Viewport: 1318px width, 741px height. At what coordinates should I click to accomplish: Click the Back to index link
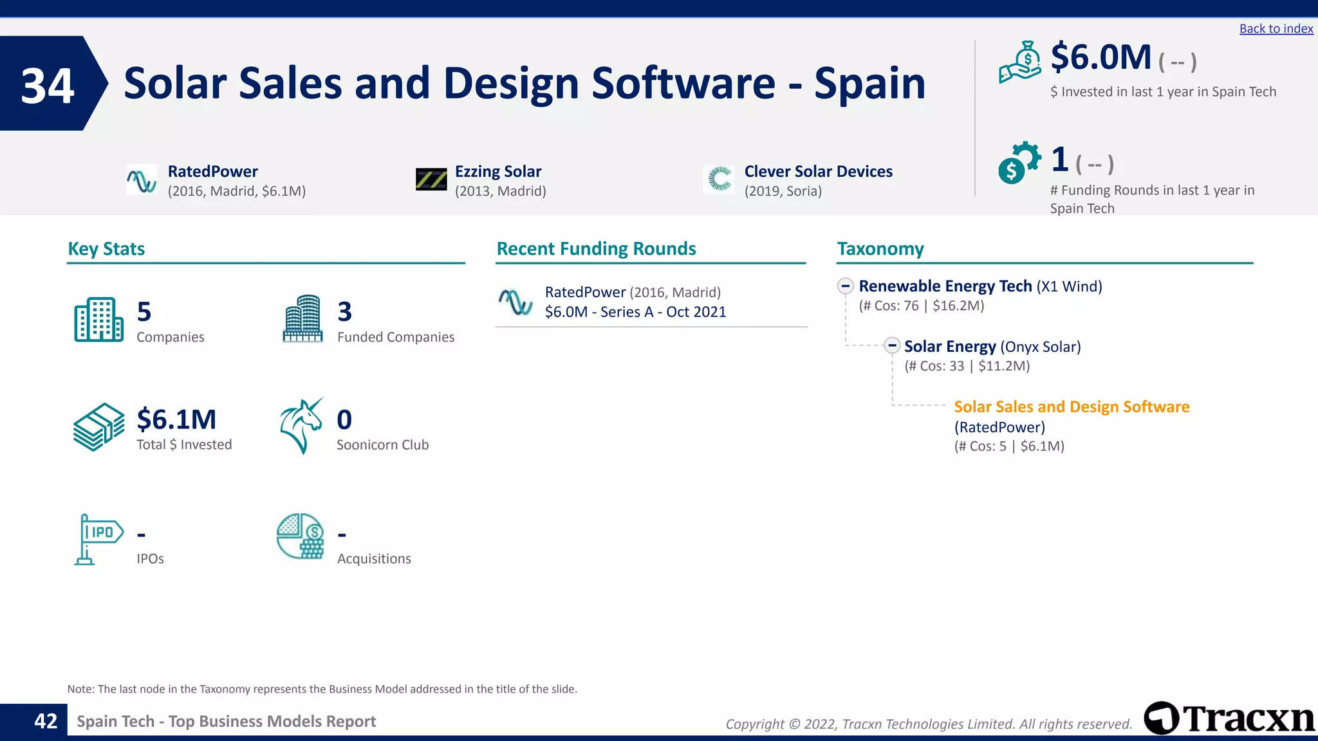point(1276,29)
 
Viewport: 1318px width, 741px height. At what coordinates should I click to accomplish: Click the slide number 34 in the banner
point(48,86)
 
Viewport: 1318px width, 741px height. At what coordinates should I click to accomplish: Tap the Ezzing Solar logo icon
point(431,179)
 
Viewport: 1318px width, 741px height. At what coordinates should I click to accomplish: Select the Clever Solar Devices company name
point(818,172)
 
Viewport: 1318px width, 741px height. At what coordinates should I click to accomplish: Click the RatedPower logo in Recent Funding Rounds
point(515,302)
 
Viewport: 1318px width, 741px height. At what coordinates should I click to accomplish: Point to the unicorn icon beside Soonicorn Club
point(301,426)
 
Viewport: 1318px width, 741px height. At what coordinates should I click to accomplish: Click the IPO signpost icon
point(97,539)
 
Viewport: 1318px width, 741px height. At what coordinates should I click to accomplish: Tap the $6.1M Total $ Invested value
point(176,419)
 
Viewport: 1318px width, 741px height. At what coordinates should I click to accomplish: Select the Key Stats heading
point(106,249)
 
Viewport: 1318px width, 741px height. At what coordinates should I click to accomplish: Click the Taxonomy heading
point(880,249)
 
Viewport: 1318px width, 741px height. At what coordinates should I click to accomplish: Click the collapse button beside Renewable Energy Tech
point(846,286)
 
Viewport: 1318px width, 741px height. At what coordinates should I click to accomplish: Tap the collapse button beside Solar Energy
point(891,345)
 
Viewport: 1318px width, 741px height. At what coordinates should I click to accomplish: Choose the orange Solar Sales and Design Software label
point(1071,407)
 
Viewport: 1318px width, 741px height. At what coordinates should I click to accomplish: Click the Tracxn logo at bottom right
point(1229,718)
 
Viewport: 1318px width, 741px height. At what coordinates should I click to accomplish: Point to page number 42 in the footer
point(46,721)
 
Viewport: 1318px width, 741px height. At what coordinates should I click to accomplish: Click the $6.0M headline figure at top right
point(1100,57)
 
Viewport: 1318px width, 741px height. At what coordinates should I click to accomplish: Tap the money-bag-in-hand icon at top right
point(1020,62)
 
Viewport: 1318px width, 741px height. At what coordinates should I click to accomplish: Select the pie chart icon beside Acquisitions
point(301,536)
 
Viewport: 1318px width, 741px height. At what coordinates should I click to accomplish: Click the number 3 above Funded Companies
point(345,312)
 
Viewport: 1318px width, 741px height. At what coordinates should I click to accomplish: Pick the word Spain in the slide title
point(869,84)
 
